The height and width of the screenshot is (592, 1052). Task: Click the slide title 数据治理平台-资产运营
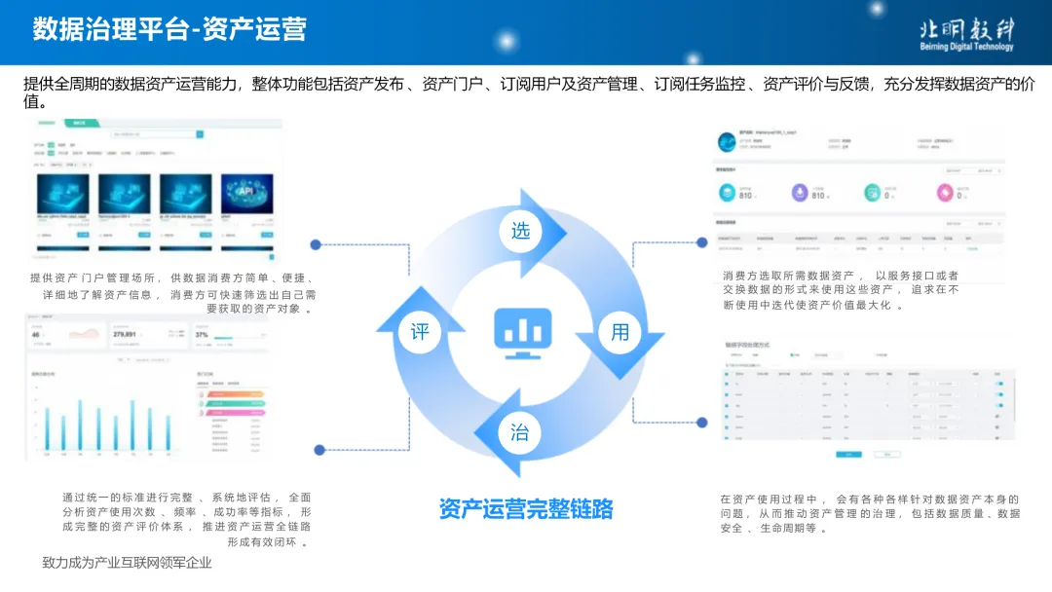click(x=169, y=29)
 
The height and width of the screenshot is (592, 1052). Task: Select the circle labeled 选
click(x=520, y=231)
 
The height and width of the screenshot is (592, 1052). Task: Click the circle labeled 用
click(x=620, y=331)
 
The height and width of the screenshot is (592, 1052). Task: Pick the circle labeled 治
click(x=520, y=431)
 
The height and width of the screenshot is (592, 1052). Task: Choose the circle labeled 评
click(x=420, y=331)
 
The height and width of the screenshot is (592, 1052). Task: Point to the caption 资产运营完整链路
click(x=525, y=508)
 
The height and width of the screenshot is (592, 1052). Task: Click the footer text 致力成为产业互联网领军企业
click(x=127, y=563)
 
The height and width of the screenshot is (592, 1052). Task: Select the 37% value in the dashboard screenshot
click(x=203, y=334)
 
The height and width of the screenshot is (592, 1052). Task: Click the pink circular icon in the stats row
click(x=944, y=193)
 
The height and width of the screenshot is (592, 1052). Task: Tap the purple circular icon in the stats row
click(x=800, y=193)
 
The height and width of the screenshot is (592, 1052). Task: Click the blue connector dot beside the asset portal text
click(x=316, y=244)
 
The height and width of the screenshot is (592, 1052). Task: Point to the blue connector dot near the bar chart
click(x=319, y=450)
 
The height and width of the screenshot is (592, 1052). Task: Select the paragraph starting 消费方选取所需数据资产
click(x=841, y=290)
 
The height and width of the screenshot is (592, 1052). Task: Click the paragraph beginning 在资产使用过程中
click(x=870, y=513)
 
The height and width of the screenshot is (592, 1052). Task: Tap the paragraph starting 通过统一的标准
click(x=187, y=519)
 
